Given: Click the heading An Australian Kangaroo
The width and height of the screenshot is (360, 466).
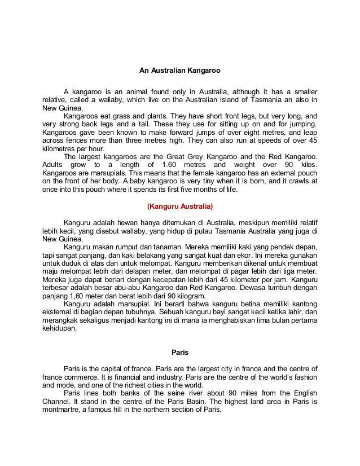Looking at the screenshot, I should (x=179, y=72).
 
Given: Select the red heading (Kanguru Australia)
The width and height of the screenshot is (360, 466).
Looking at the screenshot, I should (x=179, y=206).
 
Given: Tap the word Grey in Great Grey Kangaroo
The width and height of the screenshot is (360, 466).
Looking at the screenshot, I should (x=212, y=155).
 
